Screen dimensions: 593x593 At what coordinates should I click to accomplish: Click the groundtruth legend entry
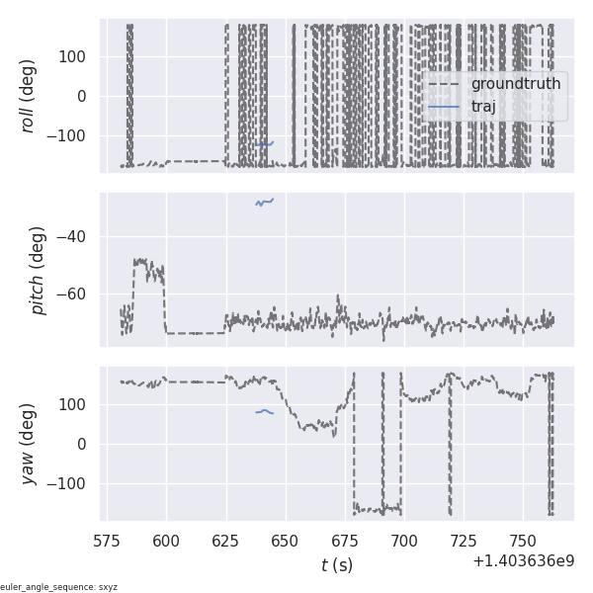515,84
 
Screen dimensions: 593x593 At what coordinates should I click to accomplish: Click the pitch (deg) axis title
38,271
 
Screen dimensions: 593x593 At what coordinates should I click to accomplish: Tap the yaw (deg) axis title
30,444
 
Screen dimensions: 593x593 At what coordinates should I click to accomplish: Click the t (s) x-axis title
336,565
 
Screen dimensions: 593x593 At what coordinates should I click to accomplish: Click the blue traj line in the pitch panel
264,203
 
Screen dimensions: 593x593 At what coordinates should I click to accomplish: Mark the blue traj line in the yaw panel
264,411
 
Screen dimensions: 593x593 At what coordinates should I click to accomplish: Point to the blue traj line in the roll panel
264,144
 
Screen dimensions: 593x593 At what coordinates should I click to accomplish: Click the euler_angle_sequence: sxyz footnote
59,587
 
